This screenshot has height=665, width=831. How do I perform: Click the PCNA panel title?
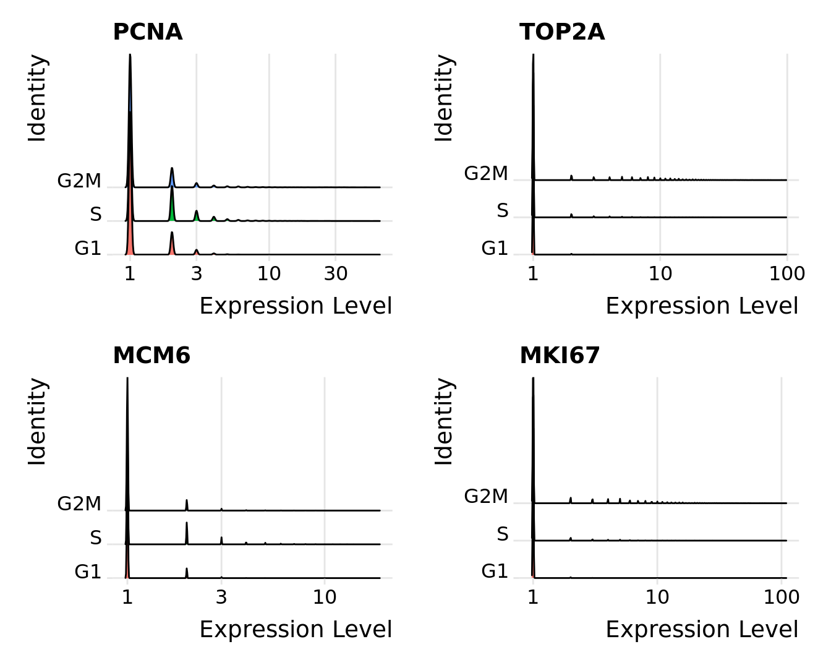point(147,32)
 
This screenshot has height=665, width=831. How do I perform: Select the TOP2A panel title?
point(561,32)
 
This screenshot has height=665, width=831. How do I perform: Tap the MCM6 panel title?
point(151,356)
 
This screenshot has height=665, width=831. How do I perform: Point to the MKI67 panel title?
point(560,356)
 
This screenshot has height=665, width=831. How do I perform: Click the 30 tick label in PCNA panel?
point(335,273)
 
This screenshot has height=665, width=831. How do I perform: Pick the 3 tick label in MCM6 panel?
point(221,597)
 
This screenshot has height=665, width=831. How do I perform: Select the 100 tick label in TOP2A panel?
point(786,273)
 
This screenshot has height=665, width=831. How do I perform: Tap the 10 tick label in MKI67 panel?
point(657,597)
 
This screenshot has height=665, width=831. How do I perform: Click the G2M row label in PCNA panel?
point(79,181)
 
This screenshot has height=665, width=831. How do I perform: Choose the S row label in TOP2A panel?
point(503,211)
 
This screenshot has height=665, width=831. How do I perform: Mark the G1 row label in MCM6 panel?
point(88,572)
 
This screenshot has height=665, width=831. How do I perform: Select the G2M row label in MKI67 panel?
point(486,496)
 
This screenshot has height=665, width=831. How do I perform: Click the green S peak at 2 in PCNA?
point(172,204)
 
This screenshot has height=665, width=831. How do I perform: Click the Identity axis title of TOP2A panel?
point(444,98)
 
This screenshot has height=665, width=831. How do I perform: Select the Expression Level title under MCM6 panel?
point(296,629)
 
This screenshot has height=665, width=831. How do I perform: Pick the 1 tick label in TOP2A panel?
point(533,273)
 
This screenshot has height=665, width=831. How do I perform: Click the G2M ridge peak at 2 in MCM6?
point(187,505)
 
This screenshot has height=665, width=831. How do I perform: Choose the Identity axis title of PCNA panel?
point(37,98)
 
